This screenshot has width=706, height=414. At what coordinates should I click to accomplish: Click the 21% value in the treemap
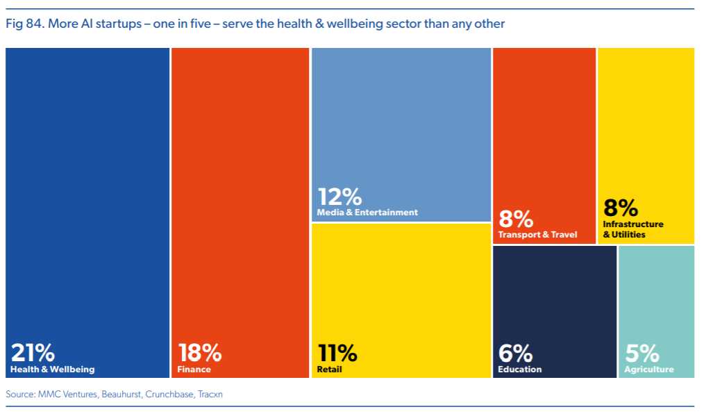tap(32, 353)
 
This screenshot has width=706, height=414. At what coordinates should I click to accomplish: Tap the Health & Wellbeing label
tap(52, 370)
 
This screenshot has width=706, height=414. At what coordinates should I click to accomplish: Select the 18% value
tap(200, 353)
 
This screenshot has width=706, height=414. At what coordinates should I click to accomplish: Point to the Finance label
tap(194, 370)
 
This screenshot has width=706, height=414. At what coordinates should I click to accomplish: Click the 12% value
tap(339, 197)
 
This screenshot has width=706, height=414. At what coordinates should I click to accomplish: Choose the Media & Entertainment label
tap(367, 213)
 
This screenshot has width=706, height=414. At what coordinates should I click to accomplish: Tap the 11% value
tap(337, 353)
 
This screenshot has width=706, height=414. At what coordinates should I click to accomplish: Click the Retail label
tap(330, 370)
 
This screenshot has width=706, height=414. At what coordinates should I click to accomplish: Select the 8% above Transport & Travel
tap(516, 219)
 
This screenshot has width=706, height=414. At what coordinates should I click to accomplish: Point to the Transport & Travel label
tap(537, 235)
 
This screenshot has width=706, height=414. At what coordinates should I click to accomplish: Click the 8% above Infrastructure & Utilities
tap(621, 208)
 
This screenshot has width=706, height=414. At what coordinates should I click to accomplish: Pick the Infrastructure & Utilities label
tap(632, 229)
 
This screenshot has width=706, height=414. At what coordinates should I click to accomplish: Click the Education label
tap(519, 370)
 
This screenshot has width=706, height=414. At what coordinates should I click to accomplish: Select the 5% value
tap(642, 353)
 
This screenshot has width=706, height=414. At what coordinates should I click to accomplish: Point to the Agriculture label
tap(649, 370)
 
